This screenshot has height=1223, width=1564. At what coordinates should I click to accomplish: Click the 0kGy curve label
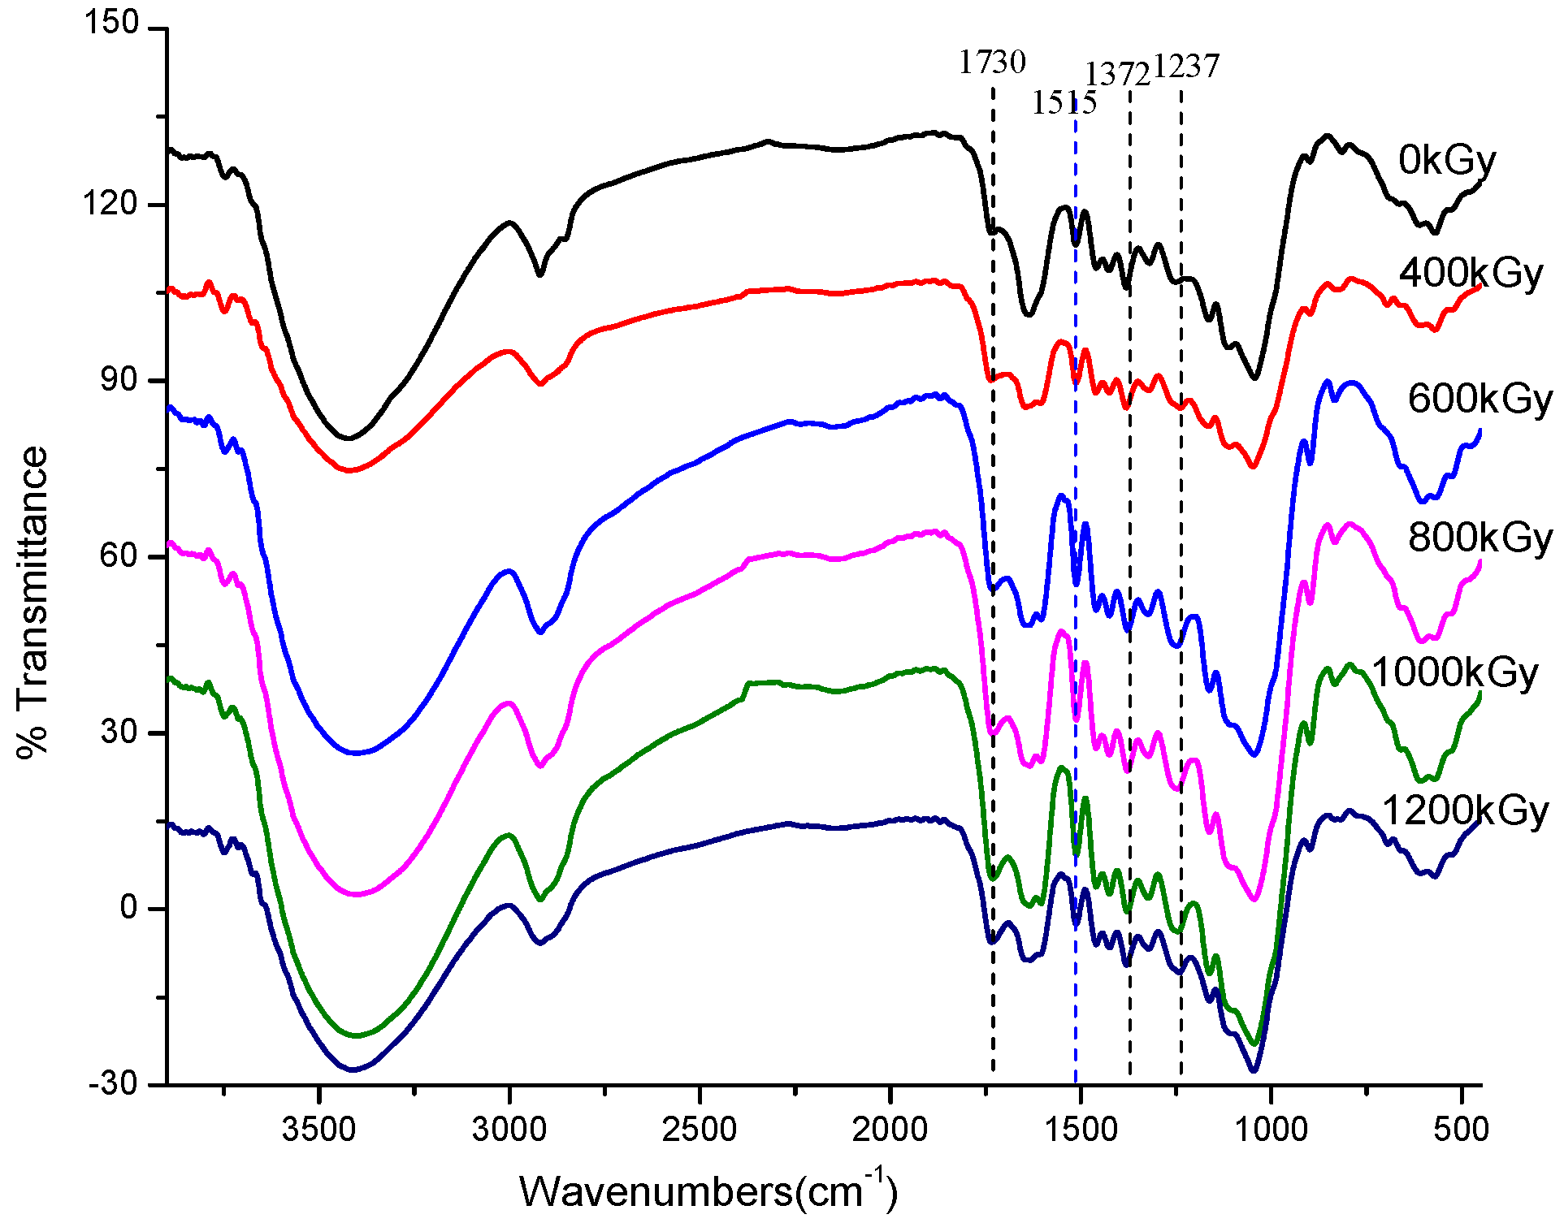pos(1447,161)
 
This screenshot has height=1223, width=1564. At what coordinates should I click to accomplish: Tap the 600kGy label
pos(1480,399)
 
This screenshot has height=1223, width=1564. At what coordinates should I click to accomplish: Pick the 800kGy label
pos(1480,538)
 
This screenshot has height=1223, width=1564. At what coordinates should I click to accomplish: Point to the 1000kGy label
pos(1454,673)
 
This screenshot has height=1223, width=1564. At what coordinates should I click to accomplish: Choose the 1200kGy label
pos(1465,810)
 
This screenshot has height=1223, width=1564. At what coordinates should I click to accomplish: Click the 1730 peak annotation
pos(992,63)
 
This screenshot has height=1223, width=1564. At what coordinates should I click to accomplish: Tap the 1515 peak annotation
pos(1064,103)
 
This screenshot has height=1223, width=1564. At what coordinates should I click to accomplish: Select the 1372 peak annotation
pos(1117,75)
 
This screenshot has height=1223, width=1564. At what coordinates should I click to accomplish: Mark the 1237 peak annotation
pos(1186,67)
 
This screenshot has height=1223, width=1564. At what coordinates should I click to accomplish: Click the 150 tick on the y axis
pos(111,24)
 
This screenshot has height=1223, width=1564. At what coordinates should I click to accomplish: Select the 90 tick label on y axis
pos(120,380)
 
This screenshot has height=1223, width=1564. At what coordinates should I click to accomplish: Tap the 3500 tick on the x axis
pos(318,1130)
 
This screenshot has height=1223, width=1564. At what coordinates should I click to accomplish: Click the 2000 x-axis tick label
pos(890,1130)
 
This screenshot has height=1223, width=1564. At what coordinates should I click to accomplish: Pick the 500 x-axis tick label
pos(1461,1130)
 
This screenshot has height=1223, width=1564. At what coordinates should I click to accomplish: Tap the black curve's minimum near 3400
pos(349,439)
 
